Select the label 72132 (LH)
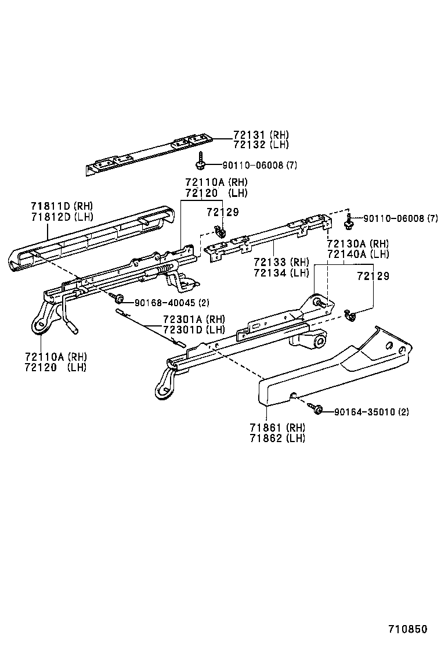261,145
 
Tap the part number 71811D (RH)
62,206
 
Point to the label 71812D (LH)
62,216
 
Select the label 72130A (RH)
357,244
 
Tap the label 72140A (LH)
357,254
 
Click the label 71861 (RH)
277,428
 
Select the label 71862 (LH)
277,438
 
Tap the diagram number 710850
407,630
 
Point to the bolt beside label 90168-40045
117,298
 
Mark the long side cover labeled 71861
337,372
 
